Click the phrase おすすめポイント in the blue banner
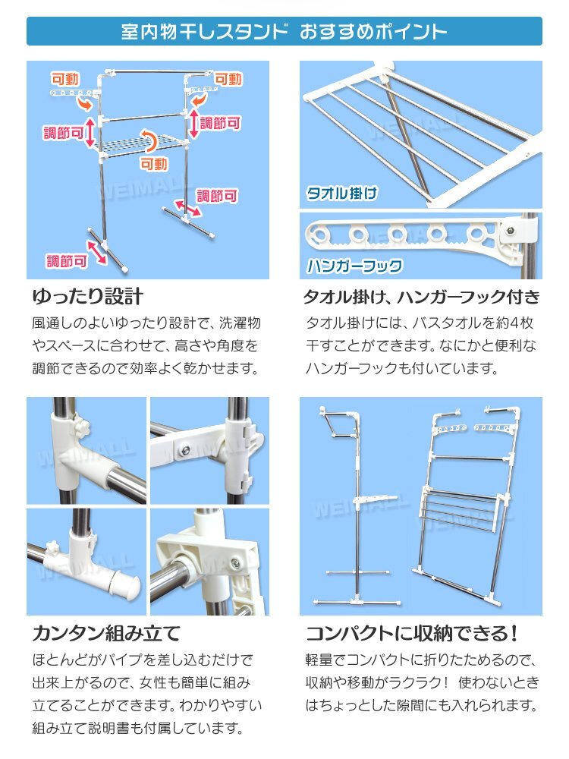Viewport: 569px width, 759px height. (x=373, y=31)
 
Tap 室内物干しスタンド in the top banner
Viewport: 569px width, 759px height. (x=204, y=31)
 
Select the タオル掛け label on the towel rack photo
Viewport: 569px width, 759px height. (x=341, y=193)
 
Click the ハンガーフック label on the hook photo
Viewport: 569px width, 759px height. (x=354, y=265)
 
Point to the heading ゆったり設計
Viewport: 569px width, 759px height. (x=87, y=296)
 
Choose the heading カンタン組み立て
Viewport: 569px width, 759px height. (x=106, y=633)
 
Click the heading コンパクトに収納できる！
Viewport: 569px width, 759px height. (x=412, y=633)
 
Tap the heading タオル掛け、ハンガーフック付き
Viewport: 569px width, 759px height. (x=421, y=296)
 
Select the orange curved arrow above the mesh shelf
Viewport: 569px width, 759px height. (x=152, y=141)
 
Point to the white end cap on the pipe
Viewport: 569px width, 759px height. (x=125, y=584)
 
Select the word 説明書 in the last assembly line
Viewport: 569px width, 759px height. (x=108, y=728)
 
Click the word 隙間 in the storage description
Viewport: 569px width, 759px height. (x=410, y=705)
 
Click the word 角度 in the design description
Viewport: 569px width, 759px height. (x=230, y=345)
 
